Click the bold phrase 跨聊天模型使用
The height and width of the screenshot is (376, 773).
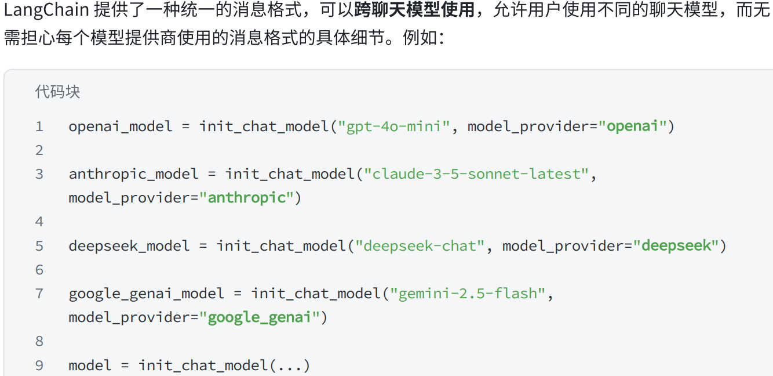414,10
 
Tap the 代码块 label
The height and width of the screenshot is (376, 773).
57,92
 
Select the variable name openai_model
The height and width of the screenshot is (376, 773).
120,126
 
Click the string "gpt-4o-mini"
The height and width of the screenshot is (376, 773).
394,126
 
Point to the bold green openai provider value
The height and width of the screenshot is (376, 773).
632,126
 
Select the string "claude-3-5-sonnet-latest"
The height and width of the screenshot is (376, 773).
476,174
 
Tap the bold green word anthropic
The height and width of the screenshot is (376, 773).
247,198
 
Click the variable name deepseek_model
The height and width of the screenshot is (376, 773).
129,245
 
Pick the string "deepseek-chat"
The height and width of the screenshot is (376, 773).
420,245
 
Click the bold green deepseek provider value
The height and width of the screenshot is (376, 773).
676,245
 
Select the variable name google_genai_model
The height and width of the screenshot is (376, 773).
146,294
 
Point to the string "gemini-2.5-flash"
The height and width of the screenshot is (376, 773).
468,294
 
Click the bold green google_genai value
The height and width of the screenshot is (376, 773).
260,317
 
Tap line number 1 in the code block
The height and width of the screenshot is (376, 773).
39,126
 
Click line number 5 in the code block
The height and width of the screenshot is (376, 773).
39,246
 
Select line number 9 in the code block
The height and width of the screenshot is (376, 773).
39,366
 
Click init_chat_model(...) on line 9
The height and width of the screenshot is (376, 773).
224,366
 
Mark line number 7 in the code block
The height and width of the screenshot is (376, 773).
39,294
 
